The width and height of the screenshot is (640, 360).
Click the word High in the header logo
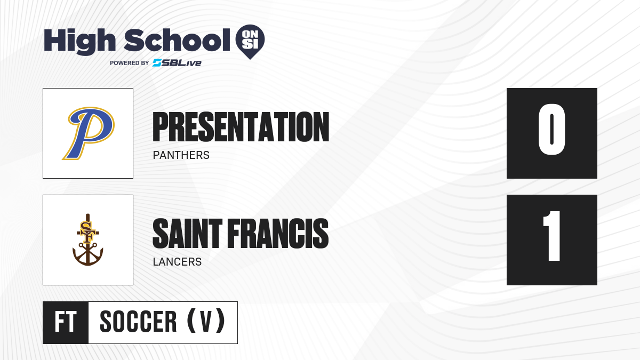[79, 42]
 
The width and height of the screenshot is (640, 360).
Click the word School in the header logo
[177, 39]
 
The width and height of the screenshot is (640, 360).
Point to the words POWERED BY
[130, 63]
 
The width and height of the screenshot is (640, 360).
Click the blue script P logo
[89, 133]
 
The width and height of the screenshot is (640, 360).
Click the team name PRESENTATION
[241, 127]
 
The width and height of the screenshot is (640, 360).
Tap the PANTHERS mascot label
[181, 155]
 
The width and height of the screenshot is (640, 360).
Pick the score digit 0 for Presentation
[551, 129]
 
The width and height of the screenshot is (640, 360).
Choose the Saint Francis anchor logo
[87, 239]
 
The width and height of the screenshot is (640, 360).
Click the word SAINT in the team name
[187, 234]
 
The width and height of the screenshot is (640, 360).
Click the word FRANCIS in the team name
[278, 234]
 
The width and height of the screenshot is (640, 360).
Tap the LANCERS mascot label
[177, 262]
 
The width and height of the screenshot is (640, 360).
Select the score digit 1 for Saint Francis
[552, 236]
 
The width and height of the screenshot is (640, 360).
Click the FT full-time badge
[66, 322]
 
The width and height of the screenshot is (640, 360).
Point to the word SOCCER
[138, 322]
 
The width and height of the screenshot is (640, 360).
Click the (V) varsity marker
[206, 321]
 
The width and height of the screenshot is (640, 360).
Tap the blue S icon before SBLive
[157, 63]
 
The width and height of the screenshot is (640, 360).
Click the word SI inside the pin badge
[250, 44]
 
